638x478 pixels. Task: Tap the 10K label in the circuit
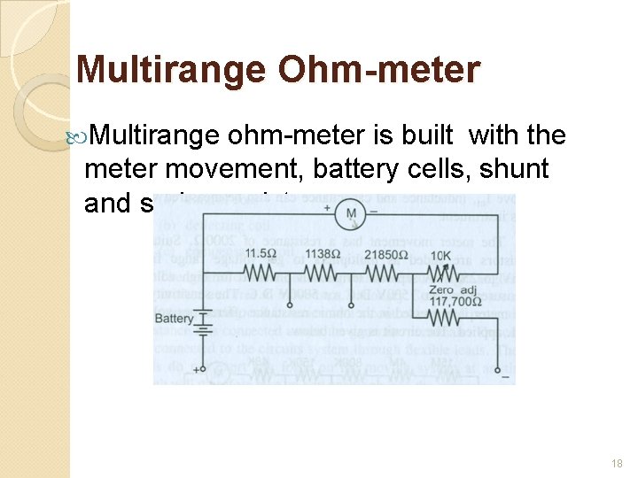coord(441,255)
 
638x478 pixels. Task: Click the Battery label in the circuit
coord(174,319)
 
